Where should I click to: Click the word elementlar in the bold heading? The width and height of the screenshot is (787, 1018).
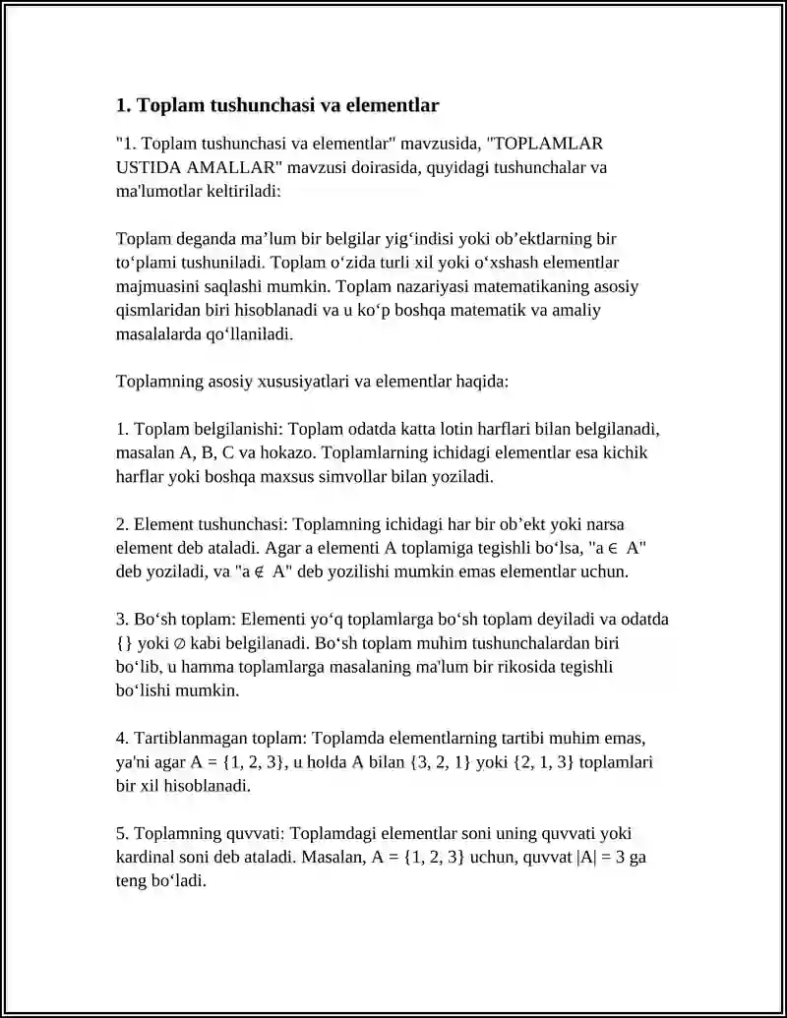[x=394, y=104]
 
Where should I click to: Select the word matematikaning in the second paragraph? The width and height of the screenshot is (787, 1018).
[x=523, y=287]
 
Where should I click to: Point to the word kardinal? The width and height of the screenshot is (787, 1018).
[x=146, y=857]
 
